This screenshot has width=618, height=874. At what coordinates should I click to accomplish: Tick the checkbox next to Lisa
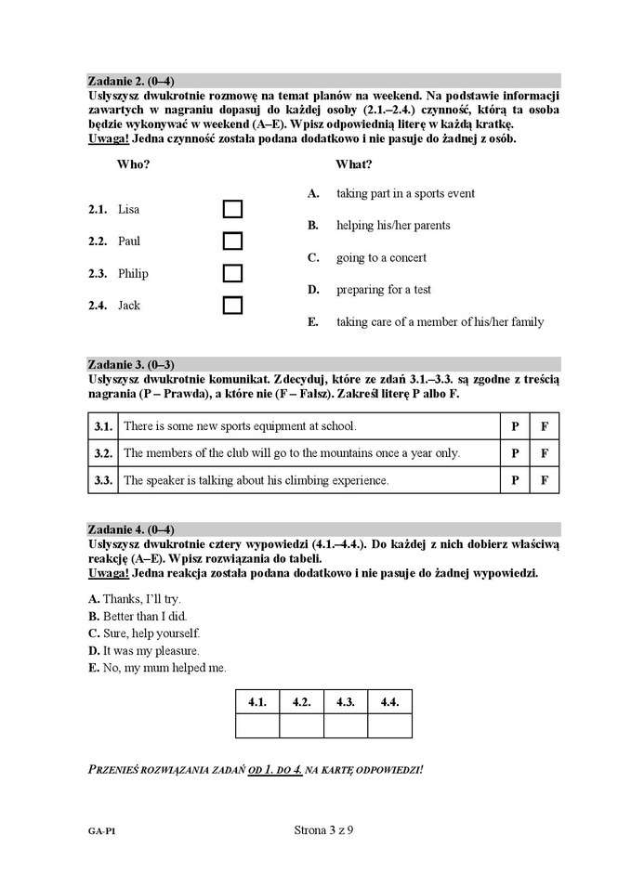point(232,209)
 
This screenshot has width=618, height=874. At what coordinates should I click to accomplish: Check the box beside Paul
point(232,241)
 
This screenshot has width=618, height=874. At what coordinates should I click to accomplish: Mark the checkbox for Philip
point(232,273)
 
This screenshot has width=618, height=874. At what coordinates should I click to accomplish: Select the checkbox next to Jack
point(232,305)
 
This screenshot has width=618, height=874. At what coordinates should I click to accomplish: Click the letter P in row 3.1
point(514,426)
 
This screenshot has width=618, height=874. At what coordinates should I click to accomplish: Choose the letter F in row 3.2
point(545,453)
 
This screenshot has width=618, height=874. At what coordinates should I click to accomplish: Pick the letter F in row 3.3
point(545,480)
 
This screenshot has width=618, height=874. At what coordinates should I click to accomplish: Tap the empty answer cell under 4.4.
point(389,725)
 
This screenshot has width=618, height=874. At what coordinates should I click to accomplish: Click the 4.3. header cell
point(346,701)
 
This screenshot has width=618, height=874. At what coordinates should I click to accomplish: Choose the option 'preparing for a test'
point(384,290)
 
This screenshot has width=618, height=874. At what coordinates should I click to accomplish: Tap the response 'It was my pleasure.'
point(151,650)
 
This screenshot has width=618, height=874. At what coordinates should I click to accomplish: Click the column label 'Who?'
point(134,164)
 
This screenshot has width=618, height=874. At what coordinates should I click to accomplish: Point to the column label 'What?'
point(354,164)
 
